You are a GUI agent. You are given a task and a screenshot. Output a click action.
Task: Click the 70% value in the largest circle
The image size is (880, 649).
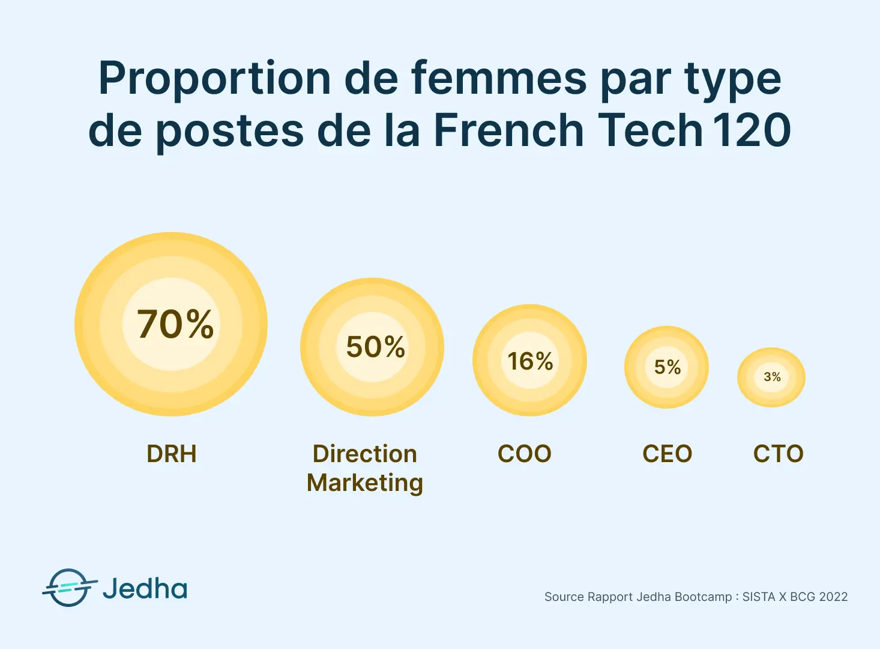tap(175, 324)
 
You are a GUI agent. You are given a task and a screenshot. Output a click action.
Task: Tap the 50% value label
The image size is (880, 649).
tap(376, 347)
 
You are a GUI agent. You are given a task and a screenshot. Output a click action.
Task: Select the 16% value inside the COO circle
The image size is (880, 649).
tap(530, 361)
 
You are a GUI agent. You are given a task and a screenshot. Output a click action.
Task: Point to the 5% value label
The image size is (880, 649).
tap(668, 367)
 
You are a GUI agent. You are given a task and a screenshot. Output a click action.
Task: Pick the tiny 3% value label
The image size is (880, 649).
tap(772, 377)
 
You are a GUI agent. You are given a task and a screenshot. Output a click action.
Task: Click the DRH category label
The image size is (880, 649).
tap(172, 454)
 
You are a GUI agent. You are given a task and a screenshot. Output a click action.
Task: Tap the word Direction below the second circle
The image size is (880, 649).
tap(365, 454)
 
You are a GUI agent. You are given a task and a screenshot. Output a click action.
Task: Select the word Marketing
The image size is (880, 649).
tap(365, 483)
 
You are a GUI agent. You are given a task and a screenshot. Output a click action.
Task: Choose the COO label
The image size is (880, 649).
tap(525, 454)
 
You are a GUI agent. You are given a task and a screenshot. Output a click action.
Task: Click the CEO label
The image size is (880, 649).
tap(668, 454)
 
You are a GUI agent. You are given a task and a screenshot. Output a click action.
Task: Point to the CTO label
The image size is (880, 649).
tap(779, 454)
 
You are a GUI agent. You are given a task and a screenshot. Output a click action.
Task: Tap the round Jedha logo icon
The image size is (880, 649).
tap(68, 588)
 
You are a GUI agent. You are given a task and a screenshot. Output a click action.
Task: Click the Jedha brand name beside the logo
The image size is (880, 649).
tap(145, 588)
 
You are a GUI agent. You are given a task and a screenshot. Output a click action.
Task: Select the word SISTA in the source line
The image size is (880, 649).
tap(759, 597)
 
